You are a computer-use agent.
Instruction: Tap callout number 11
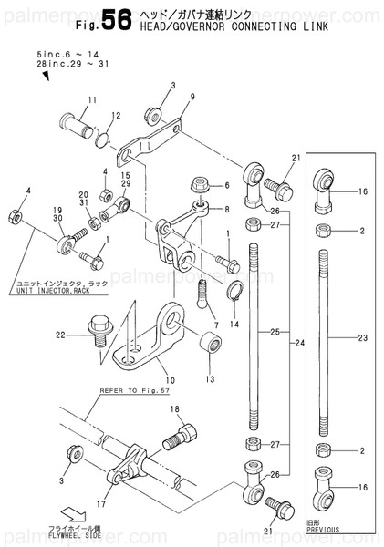click(x=92, y=100)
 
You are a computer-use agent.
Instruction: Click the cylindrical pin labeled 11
click(x=79, y=122)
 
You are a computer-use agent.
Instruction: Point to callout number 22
click(x=60, y=335)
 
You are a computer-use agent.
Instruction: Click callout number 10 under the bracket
click(x=169, y=379)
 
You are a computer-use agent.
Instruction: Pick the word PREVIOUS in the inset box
click(x=323, y=529)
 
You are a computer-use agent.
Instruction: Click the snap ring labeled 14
click(x=234, y=294)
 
